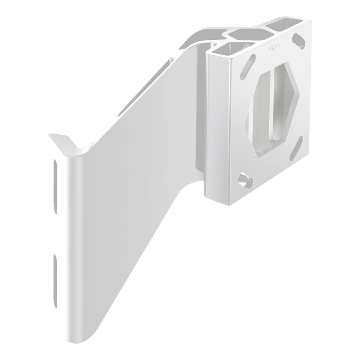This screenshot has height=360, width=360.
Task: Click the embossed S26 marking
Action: pos(272,47)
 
